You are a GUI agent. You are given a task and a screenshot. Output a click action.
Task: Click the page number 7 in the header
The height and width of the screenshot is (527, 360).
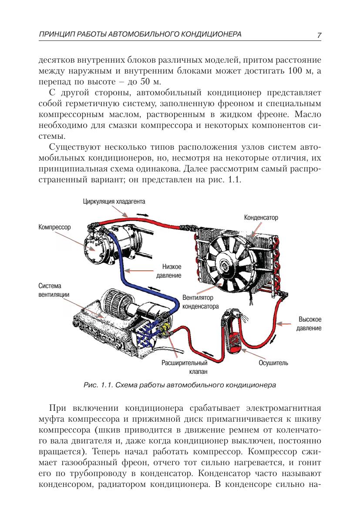point(319,35)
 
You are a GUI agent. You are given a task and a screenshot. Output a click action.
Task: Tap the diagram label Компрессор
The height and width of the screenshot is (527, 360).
point(54,227)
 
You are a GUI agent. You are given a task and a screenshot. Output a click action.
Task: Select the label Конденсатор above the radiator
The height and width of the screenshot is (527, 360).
point(261,217)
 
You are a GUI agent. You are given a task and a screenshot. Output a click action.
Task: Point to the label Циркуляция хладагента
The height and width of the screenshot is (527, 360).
point(114,201)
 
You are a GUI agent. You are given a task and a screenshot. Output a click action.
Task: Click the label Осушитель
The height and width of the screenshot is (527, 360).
point(273,363)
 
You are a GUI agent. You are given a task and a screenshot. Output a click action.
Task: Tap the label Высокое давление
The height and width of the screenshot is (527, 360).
point(309,323)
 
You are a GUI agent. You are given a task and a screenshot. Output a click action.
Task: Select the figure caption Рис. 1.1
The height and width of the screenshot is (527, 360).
point(98,385)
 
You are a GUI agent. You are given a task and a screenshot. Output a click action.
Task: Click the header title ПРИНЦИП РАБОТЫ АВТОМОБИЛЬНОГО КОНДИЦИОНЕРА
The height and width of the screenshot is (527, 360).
point(140,34)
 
